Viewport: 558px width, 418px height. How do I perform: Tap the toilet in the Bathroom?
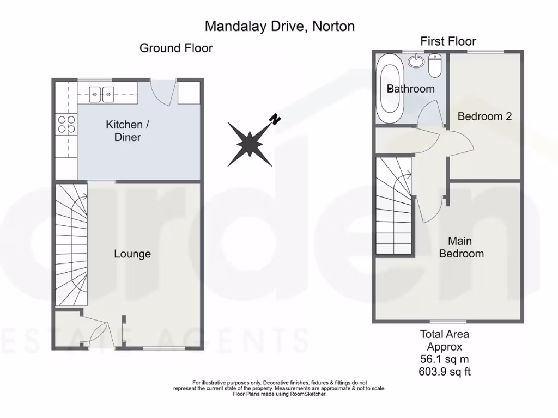pos(435,66)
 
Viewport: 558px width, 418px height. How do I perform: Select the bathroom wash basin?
pos(417,60)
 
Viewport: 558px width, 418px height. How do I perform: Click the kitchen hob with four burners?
pos(66,125)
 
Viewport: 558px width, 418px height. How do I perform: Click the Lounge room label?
pos(132,254)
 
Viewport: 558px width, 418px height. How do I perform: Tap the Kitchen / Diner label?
pos(128,131)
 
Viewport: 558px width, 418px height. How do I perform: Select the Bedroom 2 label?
pos(484,116)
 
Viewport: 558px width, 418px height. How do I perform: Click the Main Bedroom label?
pos(461,247)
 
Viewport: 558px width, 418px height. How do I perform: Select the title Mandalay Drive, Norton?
pos(279,26)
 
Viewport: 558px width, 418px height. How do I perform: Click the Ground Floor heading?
pos(176,48)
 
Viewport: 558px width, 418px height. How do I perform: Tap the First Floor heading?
pos(448,41)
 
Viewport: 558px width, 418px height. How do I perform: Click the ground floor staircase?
pos(71,245)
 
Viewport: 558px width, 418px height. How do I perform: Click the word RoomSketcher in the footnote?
pos(307,394)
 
